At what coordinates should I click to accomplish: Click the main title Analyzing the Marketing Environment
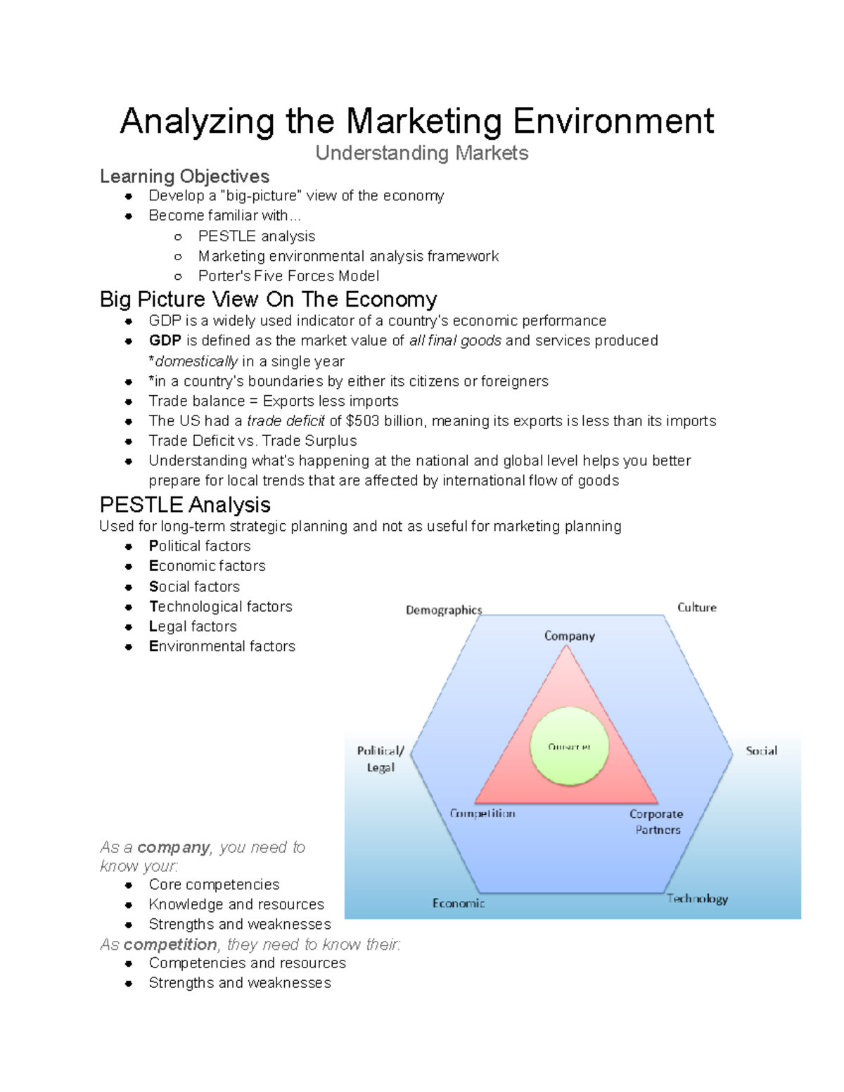416,121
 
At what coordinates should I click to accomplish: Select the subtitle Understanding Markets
421,153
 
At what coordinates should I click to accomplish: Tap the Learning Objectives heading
184,176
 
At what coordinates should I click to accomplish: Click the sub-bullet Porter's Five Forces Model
288,276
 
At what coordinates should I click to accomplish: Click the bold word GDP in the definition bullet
165,341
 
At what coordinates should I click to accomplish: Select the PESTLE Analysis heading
185,505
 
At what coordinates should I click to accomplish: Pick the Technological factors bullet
220,606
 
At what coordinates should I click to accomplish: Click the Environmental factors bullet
222,646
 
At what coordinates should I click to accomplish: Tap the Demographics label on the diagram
443,610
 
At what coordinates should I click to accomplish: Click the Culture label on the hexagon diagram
696,608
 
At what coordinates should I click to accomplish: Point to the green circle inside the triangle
569,747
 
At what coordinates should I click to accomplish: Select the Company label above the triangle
569,636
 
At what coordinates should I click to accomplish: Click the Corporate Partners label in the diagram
656,821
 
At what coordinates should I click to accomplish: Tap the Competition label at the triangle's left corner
482,814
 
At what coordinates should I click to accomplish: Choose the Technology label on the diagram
697,899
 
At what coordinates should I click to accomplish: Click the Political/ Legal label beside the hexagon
381,759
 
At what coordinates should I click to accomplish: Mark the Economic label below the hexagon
458,903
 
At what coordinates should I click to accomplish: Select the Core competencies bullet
214,885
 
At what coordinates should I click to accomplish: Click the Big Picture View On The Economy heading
268,300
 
